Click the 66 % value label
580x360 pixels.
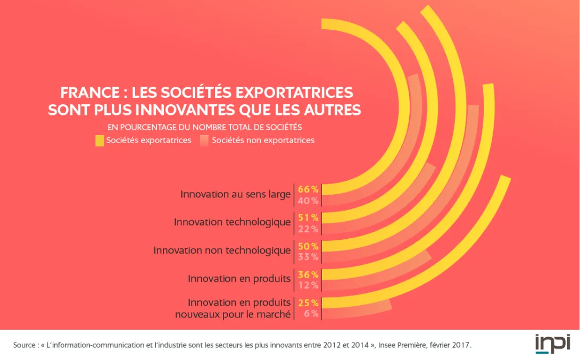click(308, 189)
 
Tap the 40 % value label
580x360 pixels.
click(308, 200)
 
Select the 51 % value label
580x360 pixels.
click(308, 217)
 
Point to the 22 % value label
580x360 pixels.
click(308, 229)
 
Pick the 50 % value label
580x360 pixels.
click(308, 246)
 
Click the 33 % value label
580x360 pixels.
click(308, 257)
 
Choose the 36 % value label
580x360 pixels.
click(308, 274)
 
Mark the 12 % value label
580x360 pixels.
click(308, 286)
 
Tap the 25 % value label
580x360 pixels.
click(308, 303)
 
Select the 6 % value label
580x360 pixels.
click(311, 314)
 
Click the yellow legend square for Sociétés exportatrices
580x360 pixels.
click(100, 140)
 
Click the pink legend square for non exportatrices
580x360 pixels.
click(204, 140)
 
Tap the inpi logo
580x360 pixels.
click(552, 344)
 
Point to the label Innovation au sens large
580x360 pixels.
click(235, 194)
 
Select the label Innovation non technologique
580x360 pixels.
click(222, 250)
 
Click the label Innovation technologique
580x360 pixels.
click(232, 222)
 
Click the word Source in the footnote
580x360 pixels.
click(24, 345)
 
